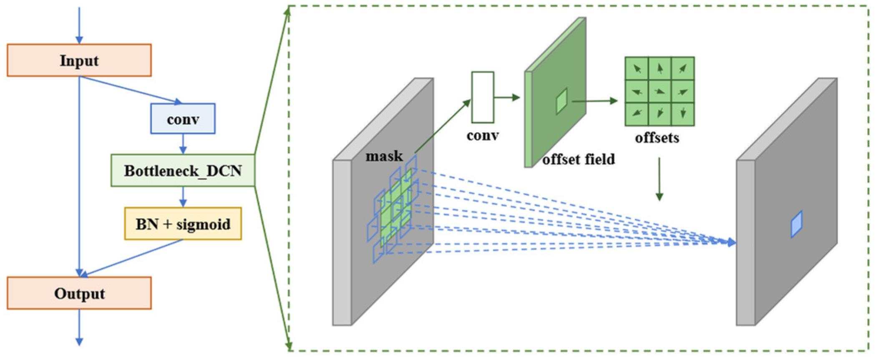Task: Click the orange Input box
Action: tap(79, 60)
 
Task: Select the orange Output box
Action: tap(79, 293)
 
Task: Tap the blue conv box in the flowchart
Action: tap(183, 119)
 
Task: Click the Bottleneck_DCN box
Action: tap(183, 171)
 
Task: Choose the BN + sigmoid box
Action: tap(183, 224)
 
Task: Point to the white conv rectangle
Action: tap(483, 97)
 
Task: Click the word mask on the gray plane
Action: tap(384, 156)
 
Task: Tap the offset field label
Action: tap(579, 159)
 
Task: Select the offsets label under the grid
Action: tap(657, 138)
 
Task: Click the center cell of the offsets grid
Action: tap(660, 91)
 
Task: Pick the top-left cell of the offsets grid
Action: tap(637, 68)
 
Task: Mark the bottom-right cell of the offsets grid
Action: tap(683, 113)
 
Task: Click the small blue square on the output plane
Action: tap(796, 224)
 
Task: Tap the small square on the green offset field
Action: tap(562, 101)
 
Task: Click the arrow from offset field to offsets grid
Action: tap(594, 101)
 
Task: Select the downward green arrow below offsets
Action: tap(659, 179)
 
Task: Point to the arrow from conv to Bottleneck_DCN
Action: tap(183, 144)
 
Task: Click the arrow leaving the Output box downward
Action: tap(79, 327)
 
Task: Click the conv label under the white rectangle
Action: tap(483, 136)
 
